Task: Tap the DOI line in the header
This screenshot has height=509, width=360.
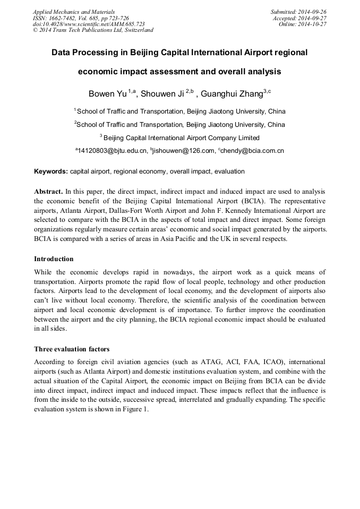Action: pos(89,24)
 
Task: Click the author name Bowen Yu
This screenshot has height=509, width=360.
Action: pos(108,94)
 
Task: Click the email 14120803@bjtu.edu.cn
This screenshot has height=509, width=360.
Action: pos(113,151)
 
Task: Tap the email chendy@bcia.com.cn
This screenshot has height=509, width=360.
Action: pos(253,151)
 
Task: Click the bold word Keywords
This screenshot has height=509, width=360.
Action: pos(51,171)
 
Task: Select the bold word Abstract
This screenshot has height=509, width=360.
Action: pos(49,191)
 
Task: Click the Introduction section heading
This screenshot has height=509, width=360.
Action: pos(54,259)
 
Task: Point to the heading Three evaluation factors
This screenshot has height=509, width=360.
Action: pos(72,349)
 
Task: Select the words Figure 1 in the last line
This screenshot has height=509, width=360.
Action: pos(137,409)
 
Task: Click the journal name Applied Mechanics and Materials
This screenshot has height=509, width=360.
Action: pos(74,12)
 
